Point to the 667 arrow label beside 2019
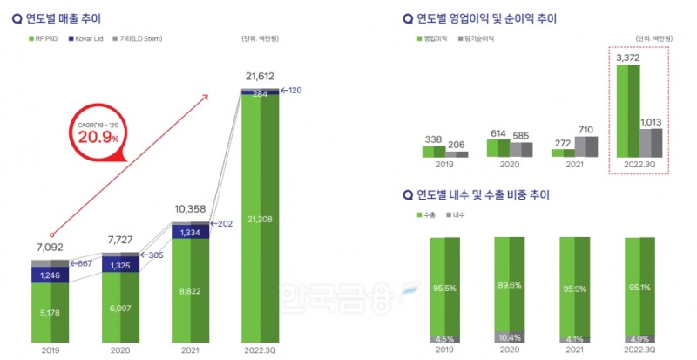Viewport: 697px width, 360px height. coord(85,263)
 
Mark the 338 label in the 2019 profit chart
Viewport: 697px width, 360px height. coord(433,139)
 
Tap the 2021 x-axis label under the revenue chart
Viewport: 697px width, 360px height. coord(189,351)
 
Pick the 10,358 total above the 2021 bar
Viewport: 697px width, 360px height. coord(189,210)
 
